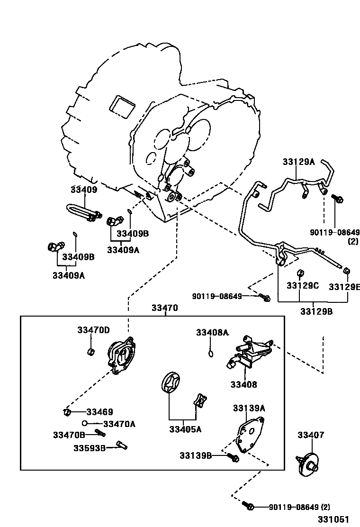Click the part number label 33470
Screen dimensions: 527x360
pos(164,308)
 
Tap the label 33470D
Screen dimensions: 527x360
pos(93,330)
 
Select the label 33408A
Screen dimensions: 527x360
pos(212,333)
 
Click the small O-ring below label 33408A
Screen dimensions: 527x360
pos(212,353)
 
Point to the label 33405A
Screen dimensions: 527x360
pos(185,429)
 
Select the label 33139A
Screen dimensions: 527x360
pos(249,408)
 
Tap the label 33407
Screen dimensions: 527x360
pos(311,435)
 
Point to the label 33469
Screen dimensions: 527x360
pos(99,412)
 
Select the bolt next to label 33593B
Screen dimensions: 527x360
pos(121,445)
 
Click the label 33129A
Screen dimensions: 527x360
pos(298,162)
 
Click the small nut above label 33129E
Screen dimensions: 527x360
pos(346,271)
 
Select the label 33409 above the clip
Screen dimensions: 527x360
pos(83,190)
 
